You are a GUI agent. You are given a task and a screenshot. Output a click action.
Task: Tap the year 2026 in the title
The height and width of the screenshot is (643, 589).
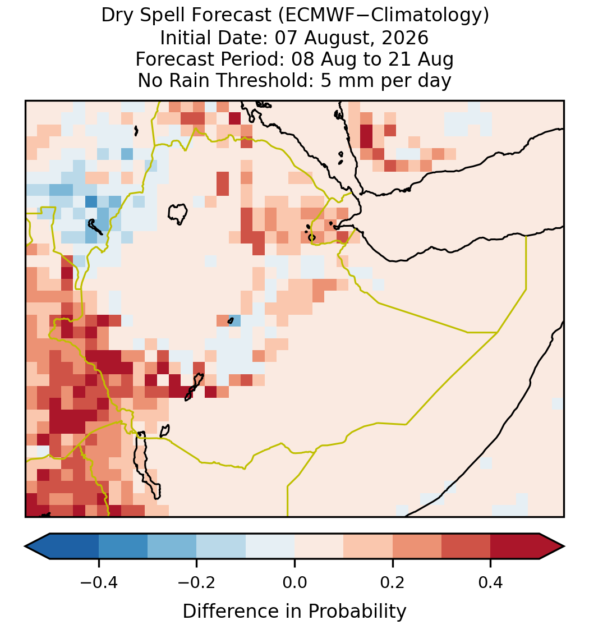405,38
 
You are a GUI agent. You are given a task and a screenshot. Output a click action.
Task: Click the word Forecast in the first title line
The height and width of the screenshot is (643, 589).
232,16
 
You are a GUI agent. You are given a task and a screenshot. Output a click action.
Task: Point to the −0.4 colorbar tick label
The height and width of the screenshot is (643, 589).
99,582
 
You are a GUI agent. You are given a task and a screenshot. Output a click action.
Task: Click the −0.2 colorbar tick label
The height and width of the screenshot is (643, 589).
197,582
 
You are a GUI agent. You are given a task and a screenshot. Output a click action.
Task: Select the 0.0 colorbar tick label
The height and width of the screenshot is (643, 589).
294,582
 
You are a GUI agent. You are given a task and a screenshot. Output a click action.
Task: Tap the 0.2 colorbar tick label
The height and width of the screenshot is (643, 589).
393,582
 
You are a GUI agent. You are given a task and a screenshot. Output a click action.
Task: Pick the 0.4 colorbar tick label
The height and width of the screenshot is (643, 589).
491,582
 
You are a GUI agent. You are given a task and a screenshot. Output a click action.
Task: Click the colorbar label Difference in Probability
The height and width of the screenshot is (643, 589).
294,611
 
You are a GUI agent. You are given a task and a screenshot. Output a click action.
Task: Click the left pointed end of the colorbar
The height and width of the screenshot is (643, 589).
26,546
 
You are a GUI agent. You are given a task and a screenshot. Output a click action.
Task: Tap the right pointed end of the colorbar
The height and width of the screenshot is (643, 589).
564,546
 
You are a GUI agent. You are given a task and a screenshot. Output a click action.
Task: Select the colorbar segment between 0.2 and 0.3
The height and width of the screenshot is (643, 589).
417,546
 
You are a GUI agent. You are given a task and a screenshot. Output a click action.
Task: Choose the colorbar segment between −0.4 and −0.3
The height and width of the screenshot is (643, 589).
123,546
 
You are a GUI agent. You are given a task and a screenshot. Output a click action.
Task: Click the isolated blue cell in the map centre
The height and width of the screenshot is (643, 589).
234,320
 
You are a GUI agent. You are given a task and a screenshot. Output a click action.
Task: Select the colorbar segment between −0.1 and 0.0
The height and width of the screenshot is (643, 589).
270,546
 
